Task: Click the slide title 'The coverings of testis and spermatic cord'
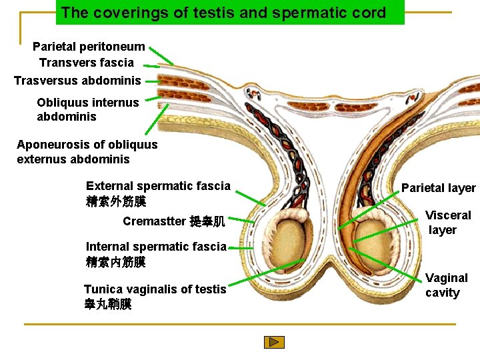tap(223, 13)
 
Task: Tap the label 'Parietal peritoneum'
tap(89, 47)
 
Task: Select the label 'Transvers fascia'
tap(87, 63)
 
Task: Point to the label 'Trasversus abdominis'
tap(77, 81)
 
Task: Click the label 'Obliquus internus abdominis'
tap(88, 109)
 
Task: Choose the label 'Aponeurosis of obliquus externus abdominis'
tap(87, 152)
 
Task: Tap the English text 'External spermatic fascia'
tap(158, 186)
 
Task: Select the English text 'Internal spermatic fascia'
tap(156, 247)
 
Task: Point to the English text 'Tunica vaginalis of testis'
tap(155, 289)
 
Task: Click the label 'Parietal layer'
tap(438, 188)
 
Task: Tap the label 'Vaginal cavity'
tap(446, 285)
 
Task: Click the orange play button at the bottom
tap(274, 342)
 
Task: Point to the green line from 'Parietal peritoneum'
tap(161, 55)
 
